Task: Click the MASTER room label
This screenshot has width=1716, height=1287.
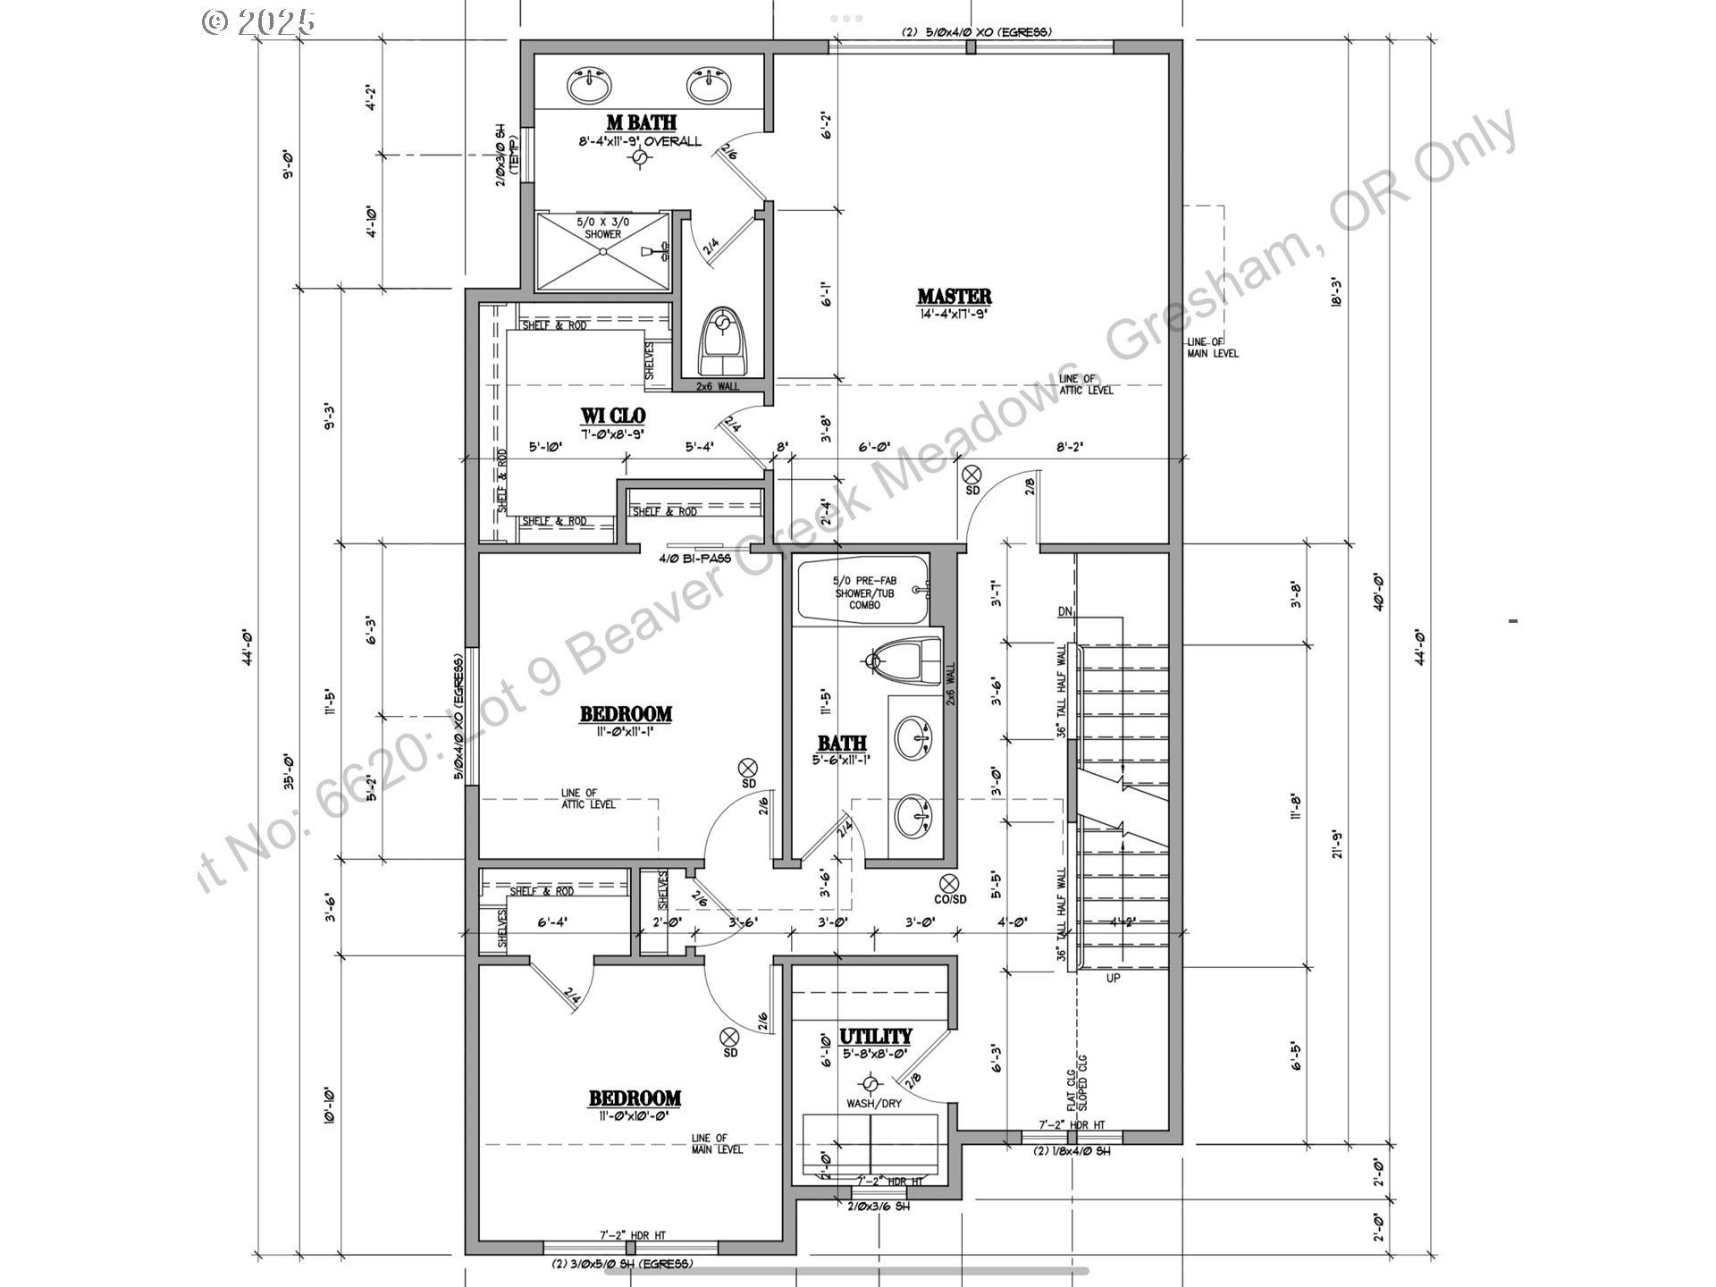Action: click(954, 296)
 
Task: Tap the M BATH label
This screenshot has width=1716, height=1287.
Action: click(641, 122)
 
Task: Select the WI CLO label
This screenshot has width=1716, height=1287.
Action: click(612, 416)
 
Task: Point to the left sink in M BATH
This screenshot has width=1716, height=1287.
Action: click(590, 86)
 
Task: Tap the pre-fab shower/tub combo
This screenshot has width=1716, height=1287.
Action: click(862, 591)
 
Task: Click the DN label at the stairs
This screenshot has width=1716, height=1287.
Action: click(1064, 611)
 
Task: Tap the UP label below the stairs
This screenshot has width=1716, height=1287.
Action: click(1113, 978)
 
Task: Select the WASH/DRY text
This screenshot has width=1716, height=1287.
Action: click(874, 1103)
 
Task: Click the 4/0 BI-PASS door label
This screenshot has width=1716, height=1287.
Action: click(694, 559)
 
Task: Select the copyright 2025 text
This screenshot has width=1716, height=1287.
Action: click(259, 21)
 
